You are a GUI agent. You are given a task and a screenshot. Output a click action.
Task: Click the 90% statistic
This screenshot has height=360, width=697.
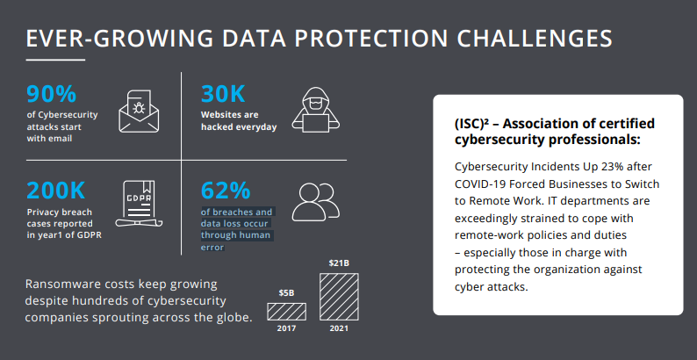point(52,95)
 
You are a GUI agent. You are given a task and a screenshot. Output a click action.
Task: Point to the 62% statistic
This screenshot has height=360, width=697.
point(226,191)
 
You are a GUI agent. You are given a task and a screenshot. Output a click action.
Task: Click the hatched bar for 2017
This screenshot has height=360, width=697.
point(286,311)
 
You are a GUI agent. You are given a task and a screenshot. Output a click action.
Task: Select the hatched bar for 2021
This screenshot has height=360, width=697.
point(338,297)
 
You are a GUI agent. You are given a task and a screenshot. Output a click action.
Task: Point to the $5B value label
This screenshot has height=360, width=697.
point(286,292)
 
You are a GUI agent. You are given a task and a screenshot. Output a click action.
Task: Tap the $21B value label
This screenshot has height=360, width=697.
point(338,263)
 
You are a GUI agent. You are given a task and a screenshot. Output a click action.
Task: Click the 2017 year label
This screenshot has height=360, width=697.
point(286,328)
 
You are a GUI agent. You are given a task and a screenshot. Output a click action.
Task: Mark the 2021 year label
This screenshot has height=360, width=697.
point(338,328)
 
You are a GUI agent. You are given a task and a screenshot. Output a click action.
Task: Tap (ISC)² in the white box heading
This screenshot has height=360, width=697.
point(475,123)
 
